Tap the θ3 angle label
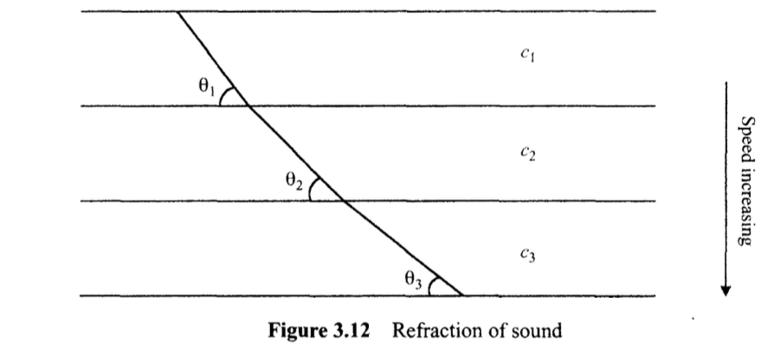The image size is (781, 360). click(x=413, y=279)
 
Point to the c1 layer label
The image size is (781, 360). click(x=526, y=54)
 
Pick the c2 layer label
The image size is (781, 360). click(x=526, y=154)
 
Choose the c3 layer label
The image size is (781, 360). click(x=526, y=254)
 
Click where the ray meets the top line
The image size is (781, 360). click(x=177, y=12)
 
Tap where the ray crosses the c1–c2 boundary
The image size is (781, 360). click(x=248, y=106)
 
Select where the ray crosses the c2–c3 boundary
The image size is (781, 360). click(x=345, y=201)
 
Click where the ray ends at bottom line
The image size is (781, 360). click(x=461, y=296)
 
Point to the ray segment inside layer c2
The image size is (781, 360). click(x=296, y=153)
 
